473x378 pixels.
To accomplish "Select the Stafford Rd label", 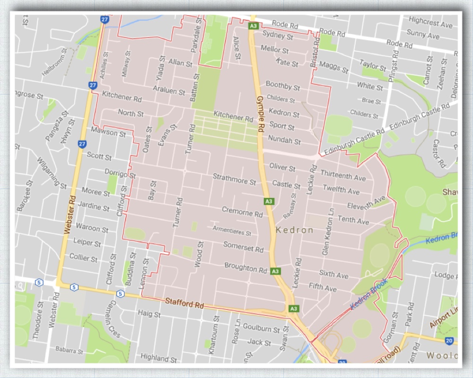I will click(184, 303).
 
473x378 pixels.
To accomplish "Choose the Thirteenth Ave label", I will click(343, 176).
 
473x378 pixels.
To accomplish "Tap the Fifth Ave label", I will click(323, 287).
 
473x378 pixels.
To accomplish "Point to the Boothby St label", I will click(283, 86).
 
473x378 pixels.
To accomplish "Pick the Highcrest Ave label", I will click(430, 22).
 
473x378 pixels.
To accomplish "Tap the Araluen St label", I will click(169, 90).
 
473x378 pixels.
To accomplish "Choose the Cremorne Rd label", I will click(242, 213).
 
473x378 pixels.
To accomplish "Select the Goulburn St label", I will click(261, 329).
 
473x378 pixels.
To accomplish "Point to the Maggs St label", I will click(334, 67).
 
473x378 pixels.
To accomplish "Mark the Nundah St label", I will click(284, 141).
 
